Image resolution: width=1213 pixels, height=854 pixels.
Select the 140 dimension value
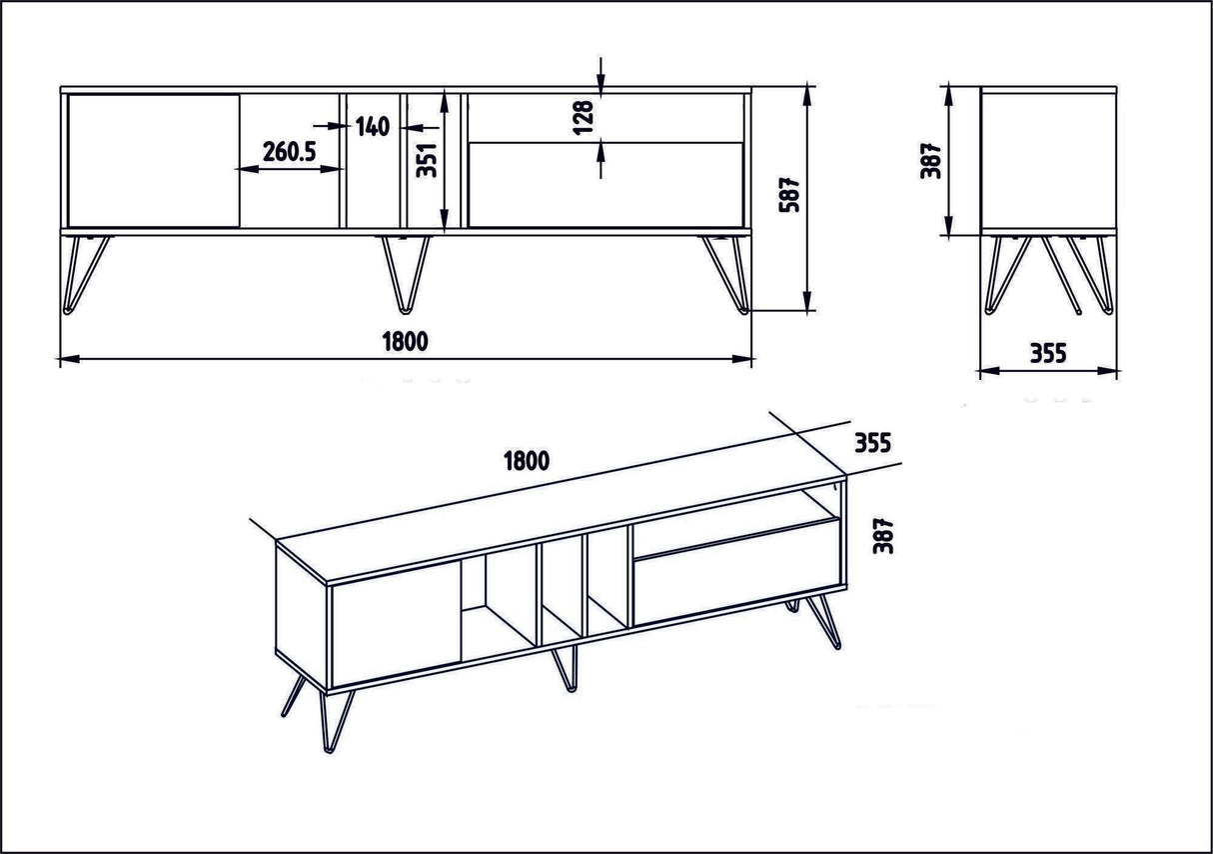pos(371,126)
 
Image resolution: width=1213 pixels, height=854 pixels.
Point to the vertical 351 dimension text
pos(428,158)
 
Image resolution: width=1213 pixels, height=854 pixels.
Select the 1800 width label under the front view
pos(404,341)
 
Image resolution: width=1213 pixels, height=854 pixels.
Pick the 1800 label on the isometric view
pos(527,461)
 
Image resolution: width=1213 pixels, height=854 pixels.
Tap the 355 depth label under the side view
pos(1047,353)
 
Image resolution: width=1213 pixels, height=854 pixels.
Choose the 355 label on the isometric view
pos(871,442)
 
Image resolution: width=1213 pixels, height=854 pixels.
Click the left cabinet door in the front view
pos(153,161)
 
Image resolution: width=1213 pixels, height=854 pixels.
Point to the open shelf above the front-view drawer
pos(606,118)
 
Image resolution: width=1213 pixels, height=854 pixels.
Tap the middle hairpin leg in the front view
pos(404,272)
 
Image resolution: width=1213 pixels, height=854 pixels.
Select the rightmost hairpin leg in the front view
pos(725,273)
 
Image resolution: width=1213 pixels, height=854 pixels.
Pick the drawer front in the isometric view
pos(734,579)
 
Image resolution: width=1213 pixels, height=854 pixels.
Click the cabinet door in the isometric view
pos(395,625)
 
